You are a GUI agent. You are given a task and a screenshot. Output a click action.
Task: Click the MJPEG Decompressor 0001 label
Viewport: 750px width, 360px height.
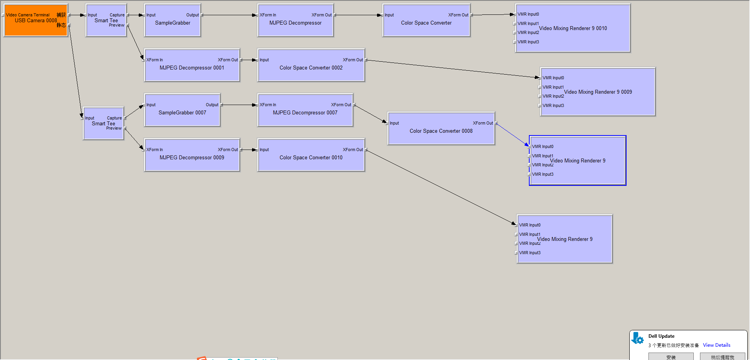click(192, 68)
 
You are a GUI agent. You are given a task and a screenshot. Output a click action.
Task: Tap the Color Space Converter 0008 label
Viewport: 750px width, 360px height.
click(441, 131)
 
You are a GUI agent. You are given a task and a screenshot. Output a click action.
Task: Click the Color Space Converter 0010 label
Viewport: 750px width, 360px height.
click(311, 158)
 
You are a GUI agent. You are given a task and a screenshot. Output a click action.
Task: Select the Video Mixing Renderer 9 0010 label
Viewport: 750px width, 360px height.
click(573, 29)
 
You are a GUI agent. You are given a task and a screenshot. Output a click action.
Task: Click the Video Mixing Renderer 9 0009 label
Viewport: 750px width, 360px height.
click(598, 92)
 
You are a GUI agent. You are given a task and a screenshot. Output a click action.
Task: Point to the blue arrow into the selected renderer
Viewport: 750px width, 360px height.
click(512, 134)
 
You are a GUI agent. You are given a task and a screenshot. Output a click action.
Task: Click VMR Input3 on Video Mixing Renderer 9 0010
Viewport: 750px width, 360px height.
click(528, 42)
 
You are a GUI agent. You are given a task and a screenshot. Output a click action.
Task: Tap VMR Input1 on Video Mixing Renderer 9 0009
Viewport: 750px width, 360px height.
click(553, 87)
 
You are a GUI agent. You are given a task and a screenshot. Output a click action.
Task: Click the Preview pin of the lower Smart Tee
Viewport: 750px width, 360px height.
click(114, 128)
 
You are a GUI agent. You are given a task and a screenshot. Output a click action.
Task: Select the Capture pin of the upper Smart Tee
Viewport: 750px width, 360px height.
click(117, 15)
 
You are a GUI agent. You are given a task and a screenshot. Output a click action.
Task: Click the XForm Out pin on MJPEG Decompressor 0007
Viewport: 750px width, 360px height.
click(341, 105)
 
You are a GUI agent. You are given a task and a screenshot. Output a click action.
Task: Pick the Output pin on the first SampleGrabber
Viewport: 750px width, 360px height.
click(193, 15)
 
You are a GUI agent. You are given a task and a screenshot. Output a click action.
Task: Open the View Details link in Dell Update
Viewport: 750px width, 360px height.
click(716, 345)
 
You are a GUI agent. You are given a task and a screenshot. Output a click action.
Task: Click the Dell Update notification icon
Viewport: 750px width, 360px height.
click(637, 339)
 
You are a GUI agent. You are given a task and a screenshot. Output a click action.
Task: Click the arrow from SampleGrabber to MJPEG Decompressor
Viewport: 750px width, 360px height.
click(229, 15)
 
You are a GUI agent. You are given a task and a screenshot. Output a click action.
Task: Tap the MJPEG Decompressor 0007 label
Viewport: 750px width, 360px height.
click(305, 113)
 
